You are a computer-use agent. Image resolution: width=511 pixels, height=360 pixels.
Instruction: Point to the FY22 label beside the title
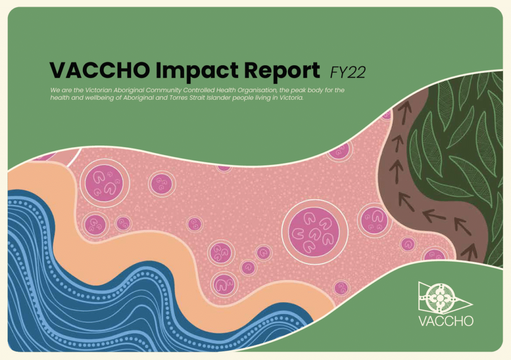click(348, 73)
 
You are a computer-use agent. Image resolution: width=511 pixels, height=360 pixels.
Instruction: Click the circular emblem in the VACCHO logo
click(440, 298)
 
